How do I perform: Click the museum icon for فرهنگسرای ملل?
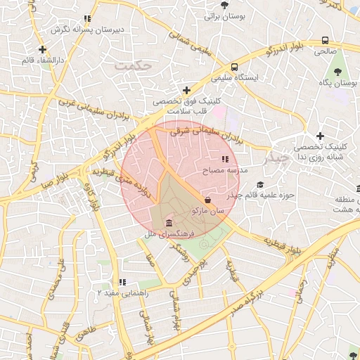(168, 224)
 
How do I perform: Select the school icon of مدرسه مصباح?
(225, 160)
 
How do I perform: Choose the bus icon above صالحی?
(325, 41)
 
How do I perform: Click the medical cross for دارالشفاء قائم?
(43, 49)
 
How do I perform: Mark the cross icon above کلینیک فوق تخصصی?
(186, 90)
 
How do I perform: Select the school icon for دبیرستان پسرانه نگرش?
(87, 19)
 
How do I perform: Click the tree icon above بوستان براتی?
(224, 5)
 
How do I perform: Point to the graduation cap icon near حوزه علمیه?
(261, 184)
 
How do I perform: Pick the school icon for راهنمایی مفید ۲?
(122, 282)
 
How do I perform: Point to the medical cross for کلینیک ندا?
(321, 136)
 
